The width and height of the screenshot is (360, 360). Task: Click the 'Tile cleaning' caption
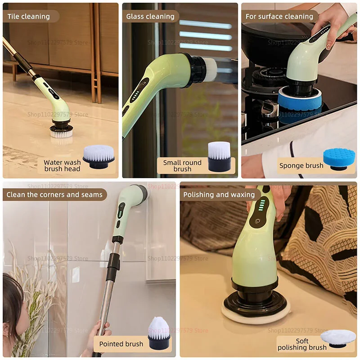pyautogui.click(x=29, y=17)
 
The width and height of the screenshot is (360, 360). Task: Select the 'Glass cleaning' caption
pyautogui.click(x=150, y=17)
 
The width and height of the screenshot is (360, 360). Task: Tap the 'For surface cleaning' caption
pyautogui.click(x=279, y=17)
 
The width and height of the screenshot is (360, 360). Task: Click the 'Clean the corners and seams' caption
pyautogui.click(x=54, y=195)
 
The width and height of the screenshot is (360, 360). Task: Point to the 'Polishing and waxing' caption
pyautogui.click(x=219, y=195)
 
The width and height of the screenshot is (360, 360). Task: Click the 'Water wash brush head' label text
pyautogui.click(x=62, y=166)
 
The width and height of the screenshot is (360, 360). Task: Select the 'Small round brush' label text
pyautogui.click(x=182, y=166)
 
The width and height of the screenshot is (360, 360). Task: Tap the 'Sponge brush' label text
pyautogui.click(x=301, y=166)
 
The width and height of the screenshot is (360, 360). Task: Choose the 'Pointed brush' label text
pyautogui.click(x=121, y=344)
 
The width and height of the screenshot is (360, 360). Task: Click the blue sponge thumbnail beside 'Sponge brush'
pyautogui.click(x=339, y=159)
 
